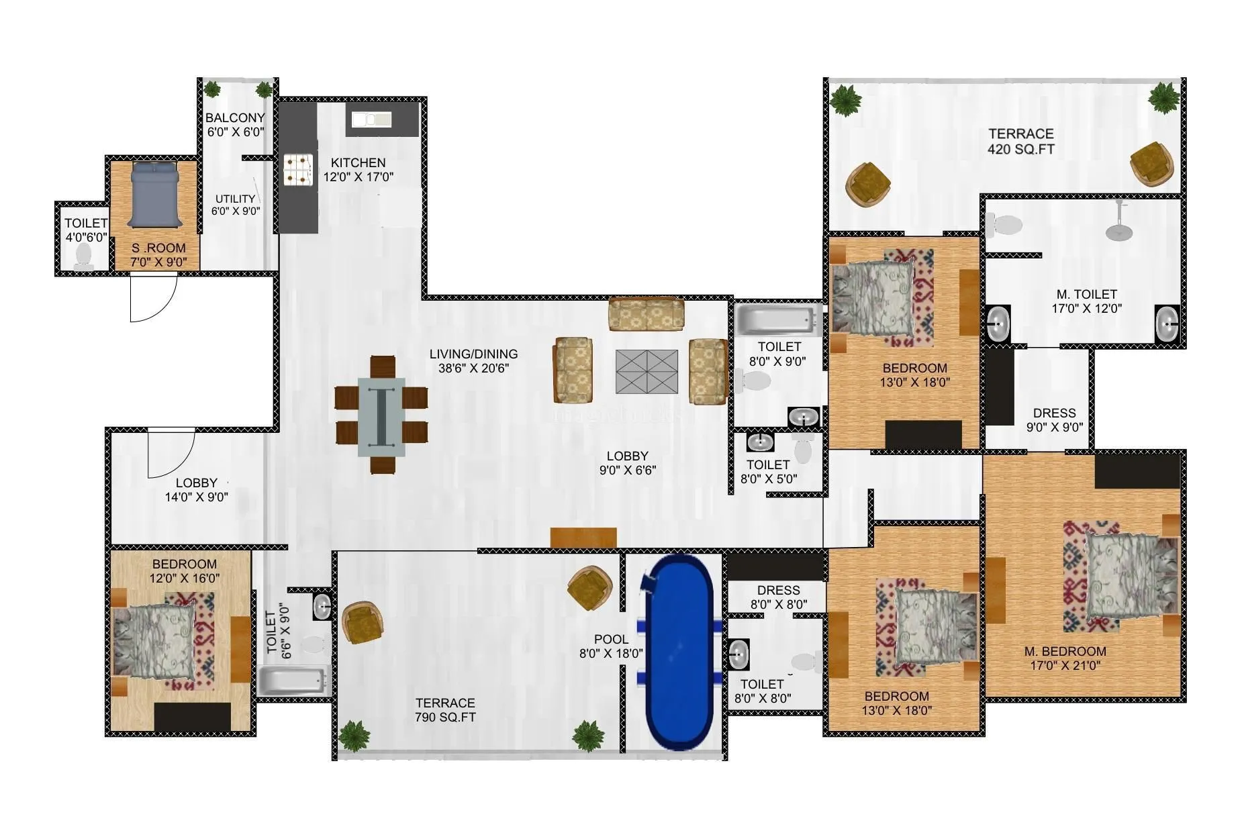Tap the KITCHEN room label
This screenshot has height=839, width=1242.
pyautogui.click(x=358, y=162)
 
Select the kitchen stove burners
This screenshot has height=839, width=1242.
pyautogui.click(x=297, y=169)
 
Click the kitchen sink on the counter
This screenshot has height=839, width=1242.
pyautogui.click(x=371, y=119)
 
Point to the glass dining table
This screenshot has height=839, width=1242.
pyautogui.click(x=381, y=416)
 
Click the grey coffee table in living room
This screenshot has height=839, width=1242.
pyautogui.click(x=647, y=371)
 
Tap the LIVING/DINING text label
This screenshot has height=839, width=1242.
pyautogui.click(x=473, y=354)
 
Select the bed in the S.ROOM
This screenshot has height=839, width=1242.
pyautogui.click(x=154, y=195)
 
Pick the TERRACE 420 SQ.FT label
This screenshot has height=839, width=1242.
pyautogui.click(x=1020, y=141)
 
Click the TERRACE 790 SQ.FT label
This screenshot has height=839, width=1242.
pyautogui.click(x=444, y=710)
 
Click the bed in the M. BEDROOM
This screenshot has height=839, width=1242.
pyautogui.click(x=1128, y=576)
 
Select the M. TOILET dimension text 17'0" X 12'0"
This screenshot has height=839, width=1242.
pyautogui.click(x=1086, y=309)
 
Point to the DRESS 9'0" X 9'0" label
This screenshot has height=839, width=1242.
pyautogui.click(x=1054, y=419)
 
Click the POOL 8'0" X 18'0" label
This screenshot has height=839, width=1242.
pyautogui.click(x=611, y=646)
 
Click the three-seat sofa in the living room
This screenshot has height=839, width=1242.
pyautogui.click(x=646, y=313)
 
